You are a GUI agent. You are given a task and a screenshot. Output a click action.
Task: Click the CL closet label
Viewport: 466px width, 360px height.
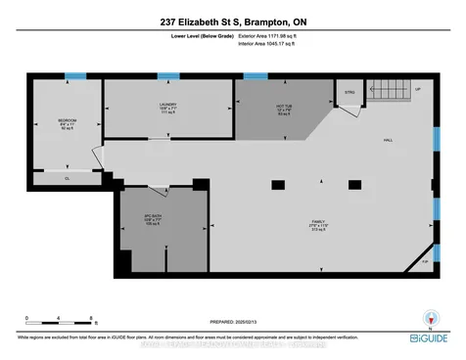(x=66, y=178)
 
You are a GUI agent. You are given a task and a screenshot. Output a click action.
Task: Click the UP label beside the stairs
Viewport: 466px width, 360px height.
(x=418, y=88)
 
